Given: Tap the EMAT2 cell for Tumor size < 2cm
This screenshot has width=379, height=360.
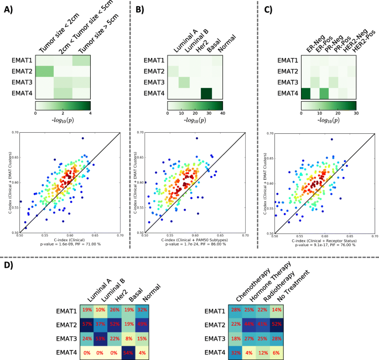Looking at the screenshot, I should click(45, 71).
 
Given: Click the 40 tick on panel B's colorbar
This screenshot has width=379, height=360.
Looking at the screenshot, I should click(222, 112).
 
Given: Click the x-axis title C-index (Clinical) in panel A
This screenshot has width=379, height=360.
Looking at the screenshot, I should click(70, 239).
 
